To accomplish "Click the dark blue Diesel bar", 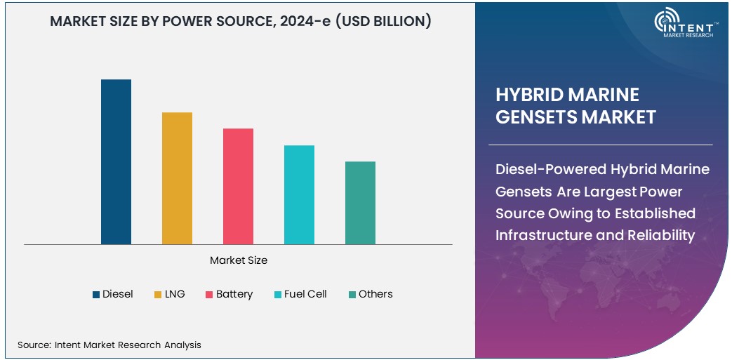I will (x=116, y=162).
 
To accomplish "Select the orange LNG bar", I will (x=177, y=178).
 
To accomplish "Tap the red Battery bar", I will (x=238, y=187).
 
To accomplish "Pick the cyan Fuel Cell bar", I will (x=299, y=195).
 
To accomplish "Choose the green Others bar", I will (x=360, y=203).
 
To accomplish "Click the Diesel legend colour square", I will (x=96, y=295).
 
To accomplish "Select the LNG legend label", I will (x=175, y=294).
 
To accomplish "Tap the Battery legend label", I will (x=234, y=294).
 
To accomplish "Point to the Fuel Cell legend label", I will (x=305, y=294).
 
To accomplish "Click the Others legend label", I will (x=375, y=294).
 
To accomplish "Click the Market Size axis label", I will (x=239, y=260).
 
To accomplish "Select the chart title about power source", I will (x=240, y=22).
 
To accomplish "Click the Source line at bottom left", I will (x=109, y=345).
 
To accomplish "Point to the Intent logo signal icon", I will (x=665, y=20).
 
